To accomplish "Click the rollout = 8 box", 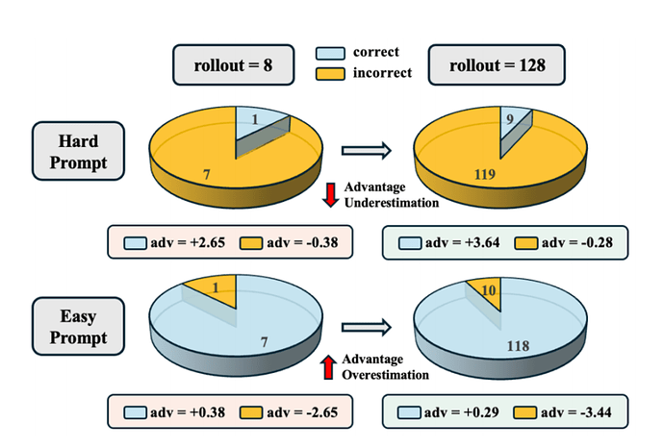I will click(x=225, y=66).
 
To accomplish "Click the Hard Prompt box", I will click(x=77, y=150).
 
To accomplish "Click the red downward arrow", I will click(x=330, y=194).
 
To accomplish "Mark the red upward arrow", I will click(x=330, y=365).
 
